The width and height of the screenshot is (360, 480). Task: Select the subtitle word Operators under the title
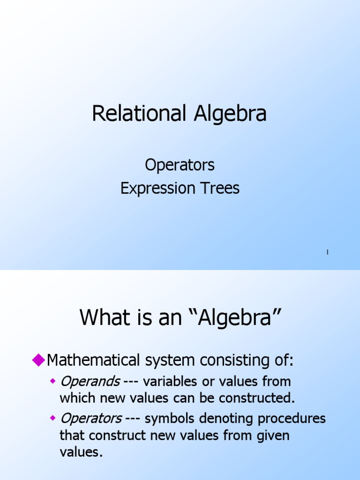tap(180, 165)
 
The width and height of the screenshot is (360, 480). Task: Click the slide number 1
tap(328, 253)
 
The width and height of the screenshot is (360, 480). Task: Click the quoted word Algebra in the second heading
tap(233, 318)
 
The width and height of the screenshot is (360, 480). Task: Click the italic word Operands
tap(90, 382)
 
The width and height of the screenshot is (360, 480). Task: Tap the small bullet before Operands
tap(52, 382)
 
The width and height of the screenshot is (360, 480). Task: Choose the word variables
tap(175, 382)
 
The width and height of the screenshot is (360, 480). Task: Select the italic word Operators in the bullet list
tap(91, 418)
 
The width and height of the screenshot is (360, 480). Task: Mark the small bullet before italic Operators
tap(52, 418)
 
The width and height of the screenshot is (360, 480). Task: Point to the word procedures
tap(291, 419)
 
